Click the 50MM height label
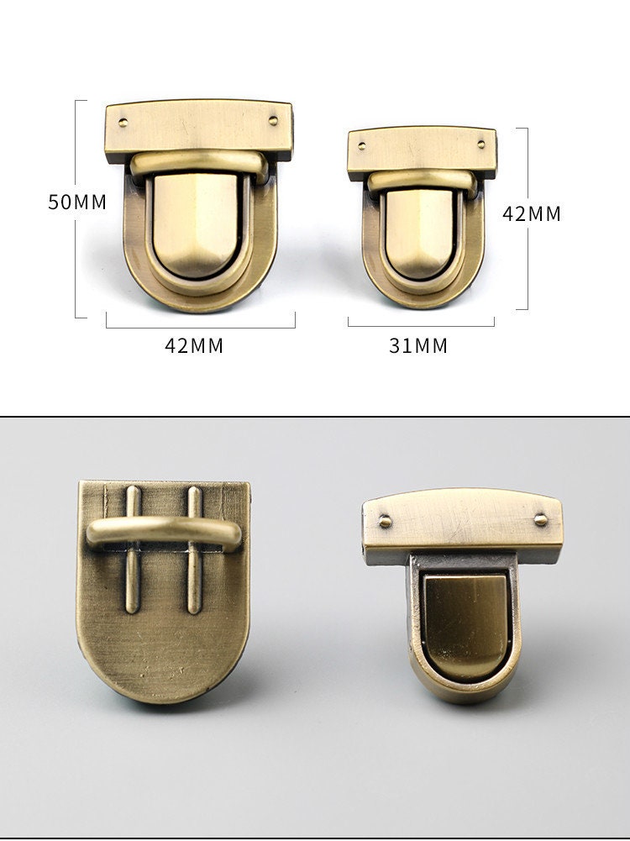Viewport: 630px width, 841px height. (x=77, y=202)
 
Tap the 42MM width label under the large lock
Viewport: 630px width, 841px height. (x=193, y=345)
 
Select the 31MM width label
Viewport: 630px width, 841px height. (x=418, y=345)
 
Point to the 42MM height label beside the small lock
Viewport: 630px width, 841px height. (x=532, y=214)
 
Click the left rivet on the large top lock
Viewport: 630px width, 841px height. (x=123, y=123)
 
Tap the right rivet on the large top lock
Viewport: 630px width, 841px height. (x=274, y=120)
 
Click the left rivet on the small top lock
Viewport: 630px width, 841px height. (x=362, y=145)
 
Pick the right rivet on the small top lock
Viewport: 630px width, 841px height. (x=481, y=144)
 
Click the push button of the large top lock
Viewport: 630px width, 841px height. (x=195, y=225)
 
